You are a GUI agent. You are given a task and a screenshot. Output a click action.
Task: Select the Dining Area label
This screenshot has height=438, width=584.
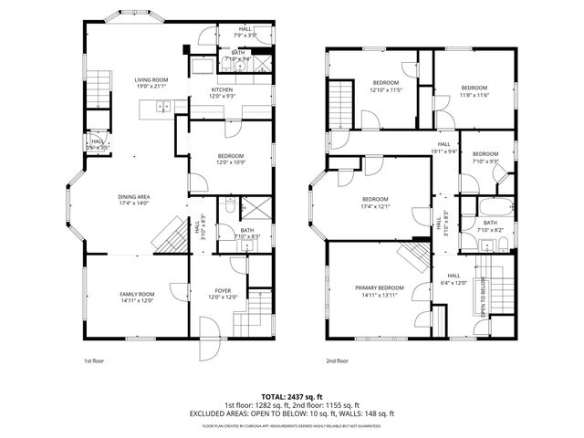pos(132,200)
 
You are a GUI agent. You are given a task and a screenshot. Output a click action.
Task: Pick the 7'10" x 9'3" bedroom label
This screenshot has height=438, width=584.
pos(485,157)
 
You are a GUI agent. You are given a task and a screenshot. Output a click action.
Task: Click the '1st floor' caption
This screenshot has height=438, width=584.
pos(93,360)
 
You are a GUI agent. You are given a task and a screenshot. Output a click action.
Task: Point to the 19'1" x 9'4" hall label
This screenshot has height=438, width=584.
pos(444,147)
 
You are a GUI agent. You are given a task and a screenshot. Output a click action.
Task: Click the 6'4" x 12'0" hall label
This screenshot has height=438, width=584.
pos(454,279)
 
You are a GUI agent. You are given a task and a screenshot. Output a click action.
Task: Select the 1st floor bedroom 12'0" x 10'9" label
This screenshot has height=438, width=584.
pos(230,159)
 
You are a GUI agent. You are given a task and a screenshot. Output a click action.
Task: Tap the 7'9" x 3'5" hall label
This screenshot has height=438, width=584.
pos(245,32)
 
